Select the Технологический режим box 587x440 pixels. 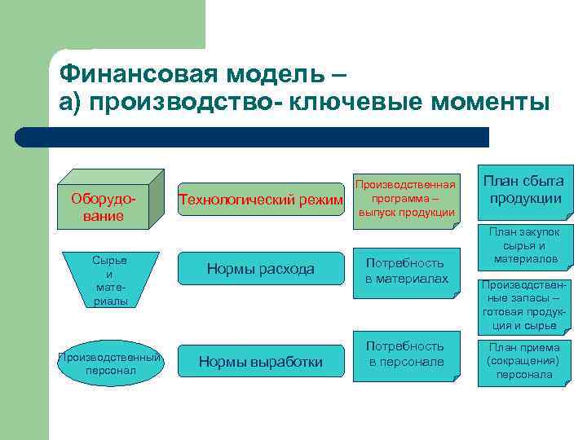click(261, 200)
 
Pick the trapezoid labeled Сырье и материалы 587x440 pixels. click(109, 280)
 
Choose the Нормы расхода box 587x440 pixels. click(261, 269)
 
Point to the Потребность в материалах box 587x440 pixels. click(405, 271)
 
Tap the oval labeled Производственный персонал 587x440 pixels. click(109, 363)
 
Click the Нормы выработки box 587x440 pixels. click(261, 362)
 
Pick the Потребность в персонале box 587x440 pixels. click(405, 353)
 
